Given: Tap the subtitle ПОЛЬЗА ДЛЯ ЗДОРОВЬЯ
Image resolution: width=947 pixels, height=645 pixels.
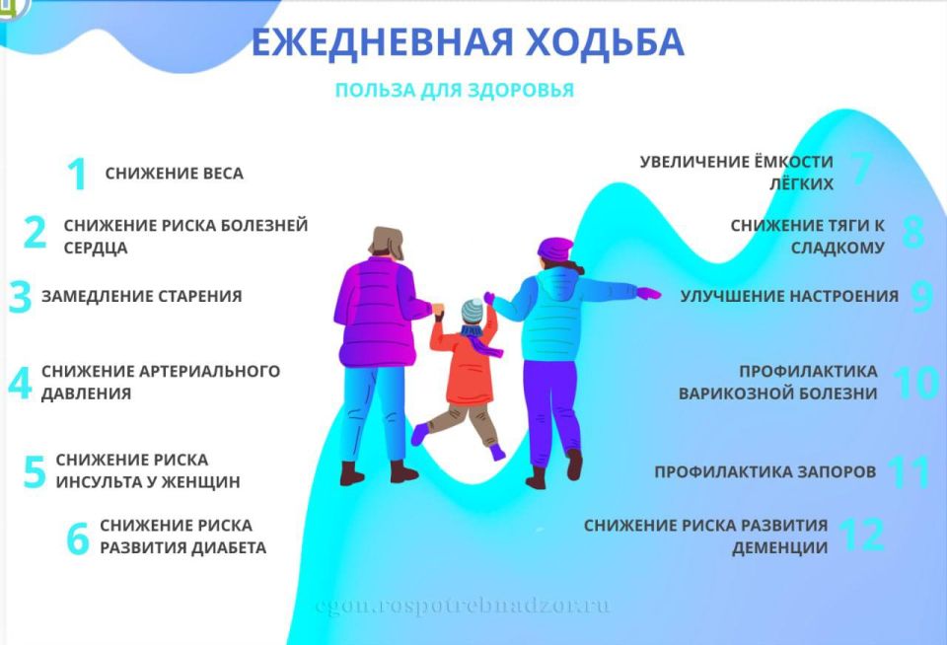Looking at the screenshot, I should (454, 91).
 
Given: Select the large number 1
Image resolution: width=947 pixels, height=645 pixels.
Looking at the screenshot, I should (77, 175).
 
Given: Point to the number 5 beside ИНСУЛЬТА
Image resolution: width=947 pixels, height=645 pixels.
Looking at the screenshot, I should (35, 472).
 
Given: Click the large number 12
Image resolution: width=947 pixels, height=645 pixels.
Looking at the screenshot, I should (860, 535).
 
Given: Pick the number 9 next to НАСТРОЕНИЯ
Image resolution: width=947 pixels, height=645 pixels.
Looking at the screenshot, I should (921, 297).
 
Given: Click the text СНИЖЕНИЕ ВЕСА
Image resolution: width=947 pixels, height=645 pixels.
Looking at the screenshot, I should (174, 175).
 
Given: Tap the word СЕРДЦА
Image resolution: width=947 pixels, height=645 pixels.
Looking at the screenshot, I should (96, 249).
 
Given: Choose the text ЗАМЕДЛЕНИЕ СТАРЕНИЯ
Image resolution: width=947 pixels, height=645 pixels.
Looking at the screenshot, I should (141, 296).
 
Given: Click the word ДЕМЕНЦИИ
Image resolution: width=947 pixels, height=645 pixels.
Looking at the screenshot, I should (779, 547).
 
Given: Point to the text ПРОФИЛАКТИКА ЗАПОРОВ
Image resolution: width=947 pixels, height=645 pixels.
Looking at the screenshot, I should (765, 472).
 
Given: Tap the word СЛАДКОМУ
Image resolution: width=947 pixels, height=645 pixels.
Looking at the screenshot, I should (838, 249).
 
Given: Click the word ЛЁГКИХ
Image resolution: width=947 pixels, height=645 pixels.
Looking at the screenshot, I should (801, 184).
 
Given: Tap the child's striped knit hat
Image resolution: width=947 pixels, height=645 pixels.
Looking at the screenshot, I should (473, 312).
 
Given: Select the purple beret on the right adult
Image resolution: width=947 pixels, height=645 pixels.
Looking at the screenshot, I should (554, 249).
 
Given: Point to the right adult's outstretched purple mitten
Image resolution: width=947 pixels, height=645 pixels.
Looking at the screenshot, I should (648, 293).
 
